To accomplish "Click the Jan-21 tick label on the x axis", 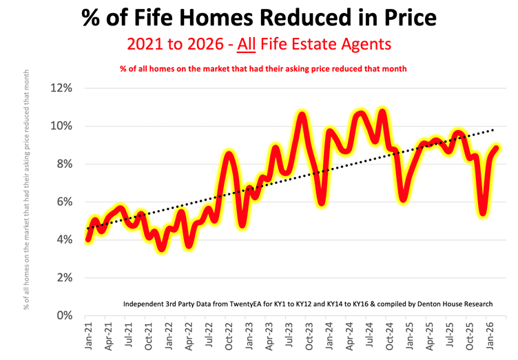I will point(88,337).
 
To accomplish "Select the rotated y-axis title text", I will point(28,189).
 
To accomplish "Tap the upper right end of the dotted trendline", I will point(493,129).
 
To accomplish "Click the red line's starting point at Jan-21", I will point(88,240).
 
